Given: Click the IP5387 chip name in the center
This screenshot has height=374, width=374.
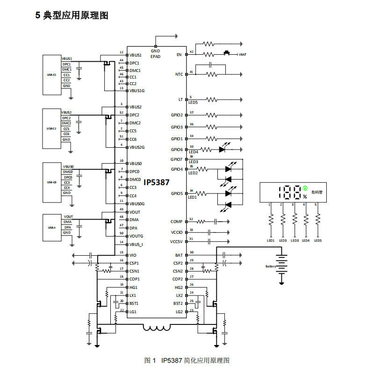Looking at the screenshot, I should [157, 182].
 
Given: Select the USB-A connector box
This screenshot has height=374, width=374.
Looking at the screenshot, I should [51, 228].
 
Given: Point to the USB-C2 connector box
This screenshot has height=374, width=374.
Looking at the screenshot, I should [51, 128].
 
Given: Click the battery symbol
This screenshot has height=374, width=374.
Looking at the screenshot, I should [281, 266].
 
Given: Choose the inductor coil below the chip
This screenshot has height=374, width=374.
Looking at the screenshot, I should [157, 328].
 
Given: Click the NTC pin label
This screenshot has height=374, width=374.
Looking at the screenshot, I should [179, 74].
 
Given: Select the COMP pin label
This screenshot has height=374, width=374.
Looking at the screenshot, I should [176, 221].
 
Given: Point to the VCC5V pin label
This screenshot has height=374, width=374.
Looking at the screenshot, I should [176, 241].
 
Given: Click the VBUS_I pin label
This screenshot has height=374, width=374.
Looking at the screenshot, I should [137, 244].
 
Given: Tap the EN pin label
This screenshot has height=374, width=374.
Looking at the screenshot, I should [179, 55].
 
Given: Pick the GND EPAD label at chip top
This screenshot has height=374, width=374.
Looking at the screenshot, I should [156, 53].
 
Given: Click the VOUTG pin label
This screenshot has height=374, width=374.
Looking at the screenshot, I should [136, 236].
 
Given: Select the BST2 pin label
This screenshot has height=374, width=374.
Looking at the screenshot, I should [178, 303].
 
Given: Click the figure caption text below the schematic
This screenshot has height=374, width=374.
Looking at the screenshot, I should [187, 360].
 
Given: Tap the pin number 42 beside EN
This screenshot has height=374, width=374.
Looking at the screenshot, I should [192, 51].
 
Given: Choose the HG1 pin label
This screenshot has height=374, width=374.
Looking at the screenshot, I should [134, 288].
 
